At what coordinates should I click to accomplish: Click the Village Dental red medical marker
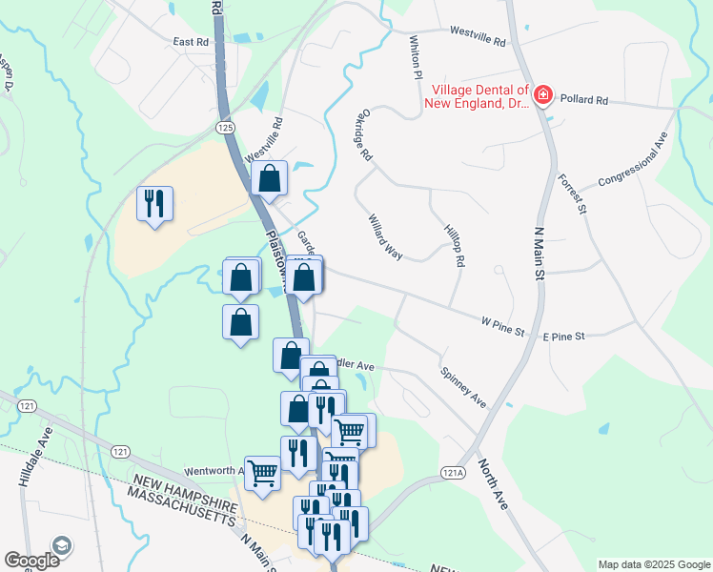pos(542,94)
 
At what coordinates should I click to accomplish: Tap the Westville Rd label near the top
pos(477,39)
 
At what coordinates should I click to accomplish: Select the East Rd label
pos(191,42)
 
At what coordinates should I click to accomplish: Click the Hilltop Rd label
pos(454,245)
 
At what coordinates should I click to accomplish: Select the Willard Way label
pos(386,236)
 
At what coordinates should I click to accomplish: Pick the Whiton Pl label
pos(415,58)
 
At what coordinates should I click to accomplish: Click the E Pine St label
pos(563,337)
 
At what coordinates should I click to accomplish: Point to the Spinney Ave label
pos(463,387)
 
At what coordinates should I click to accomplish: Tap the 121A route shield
pos(454,472)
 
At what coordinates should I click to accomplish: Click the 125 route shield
pos(225,127)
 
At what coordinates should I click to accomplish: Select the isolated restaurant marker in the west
pos(154,204)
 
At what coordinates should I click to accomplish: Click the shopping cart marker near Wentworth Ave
pos(263,471)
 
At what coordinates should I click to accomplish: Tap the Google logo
pos(32,560)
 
